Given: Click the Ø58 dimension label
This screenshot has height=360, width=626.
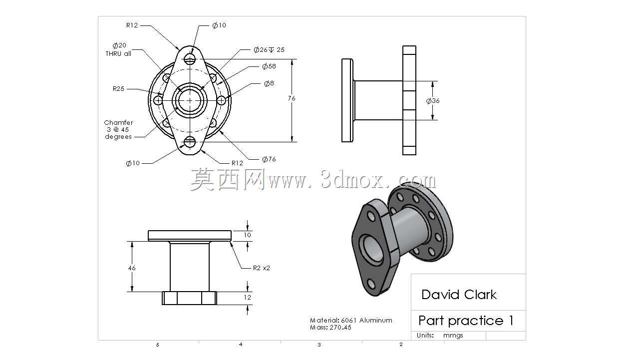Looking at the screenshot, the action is pyautogui.click(x=269, y=66).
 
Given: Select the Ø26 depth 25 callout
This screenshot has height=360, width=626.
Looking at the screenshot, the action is pyautogui.click(x=269, y=50).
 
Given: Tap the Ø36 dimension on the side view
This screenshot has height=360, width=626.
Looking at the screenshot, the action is pyautogui.click(x=433, y=101).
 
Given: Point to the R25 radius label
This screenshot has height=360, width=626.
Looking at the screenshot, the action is pyautogui.click(x=118, y=88).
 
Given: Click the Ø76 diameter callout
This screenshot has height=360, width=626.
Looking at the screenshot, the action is pyautogui.click(x=269, y=159).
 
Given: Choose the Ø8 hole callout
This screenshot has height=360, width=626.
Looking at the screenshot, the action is pyautogui.click(x=269, y=83).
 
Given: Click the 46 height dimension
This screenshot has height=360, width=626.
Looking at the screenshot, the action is pyautogui.click(x=132, y=268).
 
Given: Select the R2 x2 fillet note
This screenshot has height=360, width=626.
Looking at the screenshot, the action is pyautogui.click(x=261, y=268).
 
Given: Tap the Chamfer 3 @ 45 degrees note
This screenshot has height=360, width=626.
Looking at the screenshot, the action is pyautogui.click(x=118, y=129).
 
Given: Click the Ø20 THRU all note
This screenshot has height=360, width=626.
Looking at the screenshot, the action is pyautogui.click(x=118, y=49).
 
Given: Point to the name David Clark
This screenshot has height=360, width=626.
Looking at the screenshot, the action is pyautogui.click(x=459, y=295).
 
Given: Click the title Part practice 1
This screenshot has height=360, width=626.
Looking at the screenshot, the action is pyautogui.click(x=466, y=321).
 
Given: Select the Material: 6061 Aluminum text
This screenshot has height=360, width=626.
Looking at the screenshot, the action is pyautogui.click(x=351, y=321).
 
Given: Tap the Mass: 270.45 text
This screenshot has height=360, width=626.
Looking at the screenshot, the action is pyautogui.click(x=330, y=328).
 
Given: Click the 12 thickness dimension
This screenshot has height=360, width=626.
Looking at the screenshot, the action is pyautogui.click(x=247, y=298).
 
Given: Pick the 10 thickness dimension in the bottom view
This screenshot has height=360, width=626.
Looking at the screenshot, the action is pyautogui.click(x=247, y=235).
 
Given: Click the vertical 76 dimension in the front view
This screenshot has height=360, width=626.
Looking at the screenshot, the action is pyautogui.click(x=292, y=98).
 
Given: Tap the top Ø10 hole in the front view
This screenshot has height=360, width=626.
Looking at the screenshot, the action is pyautogui.click(x=190, y=59).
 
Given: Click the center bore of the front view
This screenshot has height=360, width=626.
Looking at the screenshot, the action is pyautogui.click(x=190, y=100).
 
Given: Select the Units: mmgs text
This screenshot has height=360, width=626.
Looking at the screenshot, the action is pyautogui.click(x=440, y=335).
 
